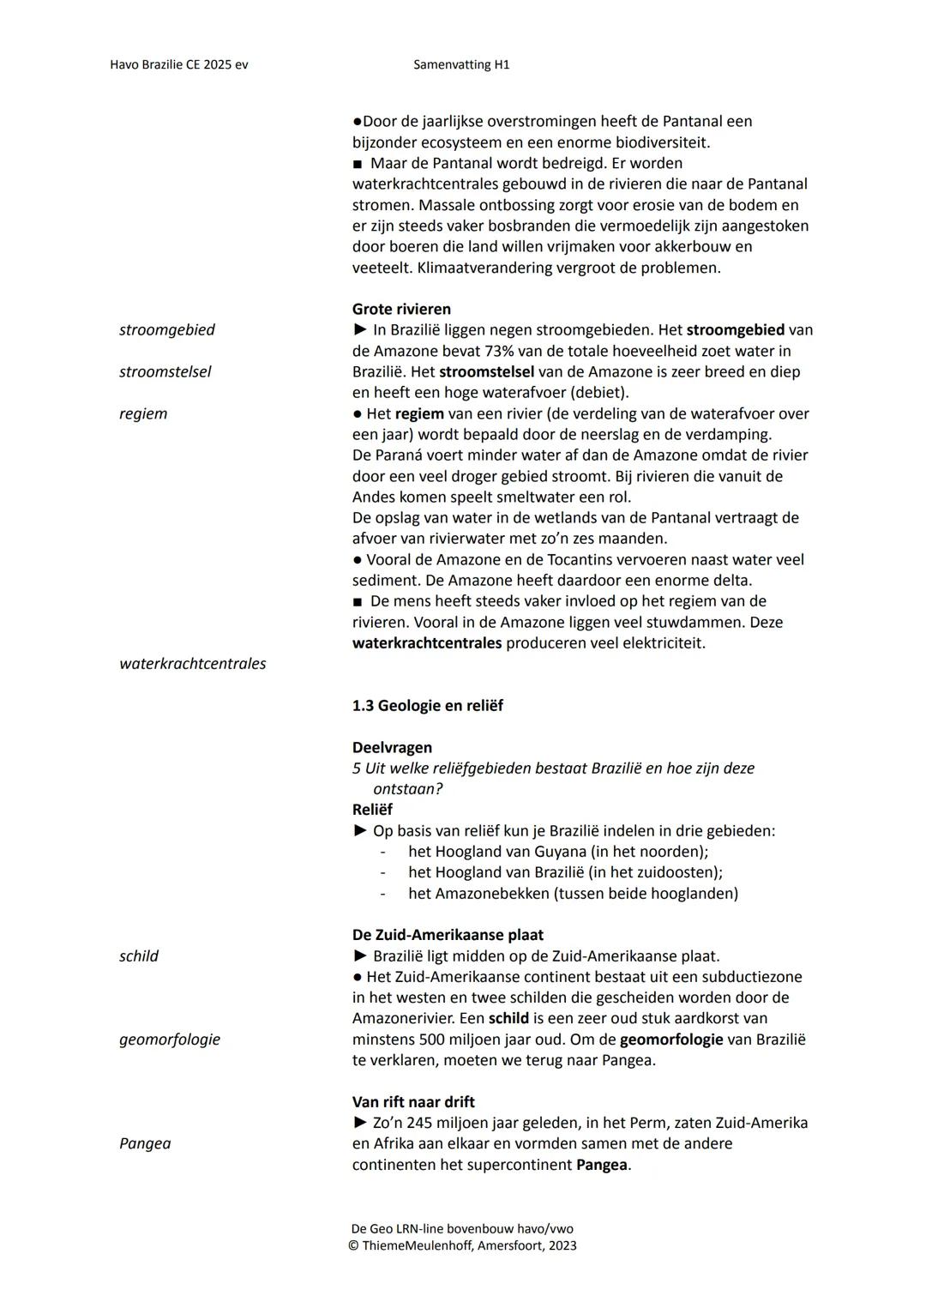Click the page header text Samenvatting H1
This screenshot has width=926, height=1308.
click(461, 64)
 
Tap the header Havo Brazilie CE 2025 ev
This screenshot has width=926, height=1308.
click(179, 64)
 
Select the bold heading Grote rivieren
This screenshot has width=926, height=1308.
click(401, 309)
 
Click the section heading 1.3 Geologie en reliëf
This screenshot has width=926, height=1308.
click(427, 705)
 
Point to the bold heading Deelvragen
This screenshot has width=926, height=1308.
click(392, 747)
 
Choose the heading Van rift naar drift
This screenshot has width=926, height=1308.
click(413, 1101)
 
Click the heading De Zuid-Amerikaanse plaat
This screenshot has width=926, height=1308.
click(448, 934)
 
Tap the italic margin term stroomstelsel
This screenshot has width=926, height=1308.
click(165, 371)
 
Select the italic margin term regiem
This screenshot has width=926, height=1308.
click(143, 413)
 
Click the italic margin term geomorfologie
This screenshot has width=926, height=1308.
click(170, 1039)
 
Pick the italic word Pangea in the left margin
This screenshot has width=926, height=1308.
click(145, 1143)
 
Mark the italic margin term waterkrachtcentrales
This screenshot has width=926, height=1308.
click(193, 663)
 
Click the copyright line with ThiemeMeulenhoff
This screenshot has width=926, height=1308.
click(463, 1245)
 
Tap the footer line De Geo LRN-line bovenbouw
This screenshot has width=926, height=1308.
click(462, 1228)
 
